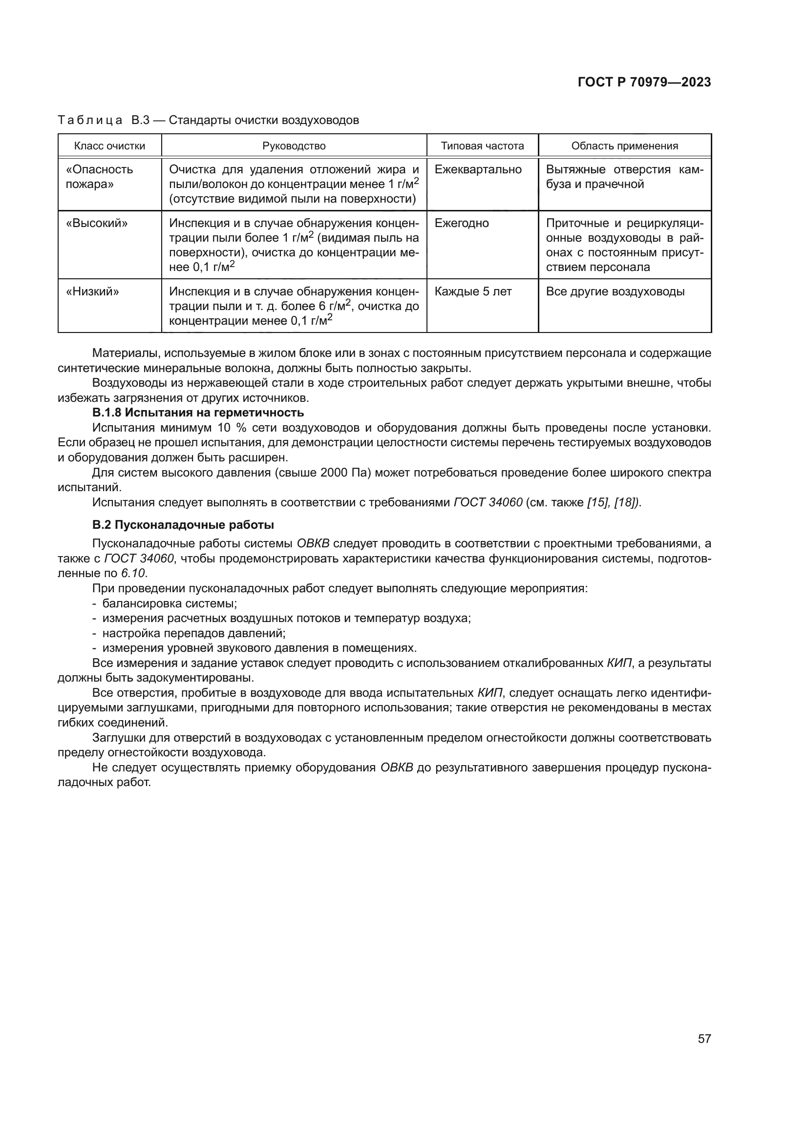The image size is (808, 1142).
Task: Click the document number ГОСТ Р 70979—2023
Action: click(644, 83)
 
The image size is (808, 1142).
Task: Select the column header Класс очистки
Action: click(109, 145)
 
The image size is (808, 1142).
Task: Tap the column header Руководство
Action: click(294, 145)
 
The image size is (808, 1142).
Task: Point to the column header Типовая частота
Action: click(482, 145)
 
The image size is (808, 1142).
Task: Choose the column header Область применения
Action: click(624, 145)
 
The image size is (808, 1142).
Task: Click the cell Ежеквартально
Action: click(478, 169)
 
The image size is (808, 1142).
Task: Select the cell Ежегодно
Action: click(461, 223)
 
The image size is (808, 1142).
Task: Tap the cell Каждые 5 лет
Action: click(473, 291)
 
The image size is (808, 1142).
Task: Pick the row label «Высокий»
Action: click(97, 223)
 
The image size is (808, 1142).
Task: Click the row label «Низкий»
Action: click(92, 291)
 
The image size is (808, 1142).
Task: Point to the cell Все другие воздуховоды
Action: click(615, 291)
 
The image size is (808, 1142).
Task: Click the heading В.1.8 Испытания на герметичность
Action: click(197, 413)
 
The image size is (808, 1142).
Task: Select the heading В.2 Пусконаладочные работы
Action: click(183, 525)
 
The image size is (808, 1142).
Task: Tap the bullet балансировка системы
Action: click(169, 603)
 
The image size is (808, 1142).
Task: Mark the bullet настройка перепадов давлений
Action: click(193, 633)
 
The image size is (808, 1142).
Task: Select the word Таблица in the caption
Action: click(90, 121)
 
